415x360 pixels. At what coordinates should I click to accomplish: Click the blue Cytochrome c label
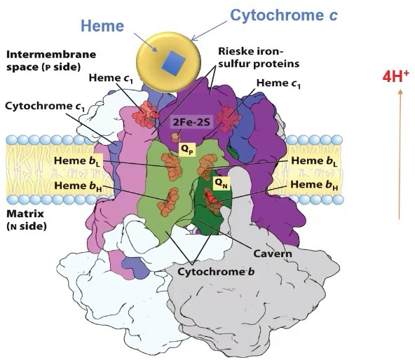coord(284,15)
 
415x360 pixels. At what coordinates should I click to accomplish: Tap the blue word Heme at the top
coord(102,26)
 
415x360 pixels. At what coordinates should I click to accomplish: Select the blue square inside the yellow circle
coord(174,64)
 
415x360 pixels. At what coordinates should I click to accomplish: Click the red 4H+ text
coord(395,76)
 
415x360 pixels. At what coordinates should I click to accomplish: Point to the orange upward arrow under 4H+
coord(400,155)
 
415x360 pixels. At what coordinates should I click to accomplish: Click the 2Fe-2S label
coord(191,122)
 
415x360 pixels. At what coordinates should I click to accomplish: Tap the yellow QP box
coord(188,150)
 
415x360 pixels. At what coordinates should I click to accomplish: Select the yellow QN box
coord(222,183)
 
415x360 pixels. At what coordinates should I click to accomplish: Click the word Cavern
coord(273,254)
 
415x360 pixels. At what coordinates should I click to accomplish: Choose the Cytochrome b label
coord(216,272)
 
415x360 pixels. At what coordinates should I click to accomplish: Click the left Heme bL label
coord(77,161)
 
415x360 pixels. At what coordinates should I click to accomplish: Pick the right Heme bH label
coord(314,185)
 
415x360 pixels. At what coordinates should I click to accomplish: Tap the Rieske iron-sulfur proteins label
coord(259,57)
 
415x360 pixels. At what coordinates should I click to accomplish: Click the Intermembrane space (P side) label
coord(51,60)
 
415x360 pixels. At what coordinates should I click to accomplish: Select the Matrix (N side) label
coord(27,220)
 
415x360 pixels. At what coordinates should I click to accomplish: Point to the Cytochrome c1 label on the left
coord(45,106)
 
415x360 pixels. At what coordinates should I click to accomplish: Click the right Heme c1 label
coord(278,83)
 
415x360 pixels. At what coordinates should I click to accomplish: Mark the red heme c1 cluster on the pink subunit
coord(146,114)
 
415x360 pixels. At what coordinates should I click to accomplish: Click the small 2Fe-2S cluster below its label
coord(176,137)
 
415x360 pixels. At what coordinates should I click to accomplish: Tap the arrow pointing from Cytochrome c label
coord(210,32)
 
